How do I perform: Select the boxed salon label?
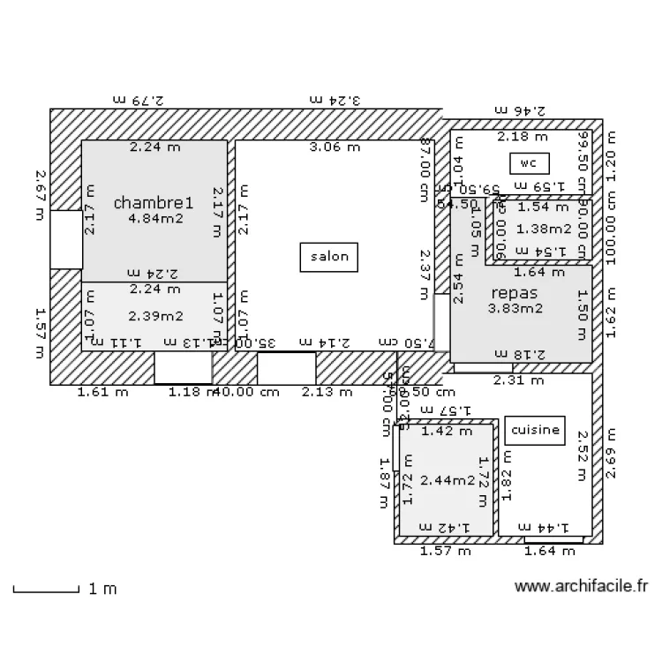click(x=329, y=258)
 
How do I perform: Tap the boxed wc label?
click(x=529, y=163)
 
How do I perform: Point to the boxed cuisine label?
click(x=533, y=431)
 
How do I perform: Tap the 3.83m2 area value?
click(x=515, y=309)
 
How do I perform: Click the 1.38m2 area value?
click(x=538, y=229)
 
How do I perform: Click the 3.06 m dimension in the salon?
click(x=335, y=147)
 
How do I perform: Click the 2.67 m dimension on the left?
click(x=40, y=196)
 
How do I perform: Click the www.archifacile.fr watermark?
click(x=582, y=586)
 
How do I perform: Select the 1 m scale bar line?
click(x=46, y=589)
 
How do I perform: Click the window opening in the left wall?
click(x=66, y=239)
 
